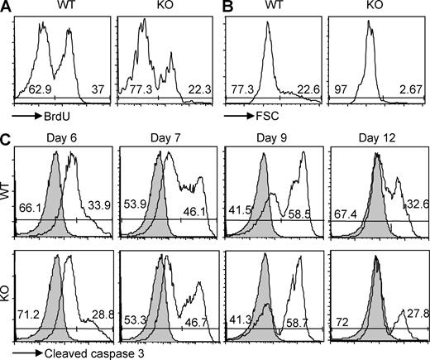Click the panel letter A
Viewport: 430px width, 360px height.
[7, 8]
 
